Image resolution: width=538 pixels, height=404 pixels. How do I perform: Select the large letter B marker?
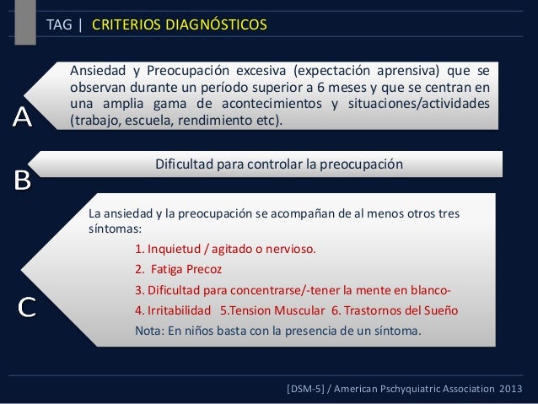[23, 180]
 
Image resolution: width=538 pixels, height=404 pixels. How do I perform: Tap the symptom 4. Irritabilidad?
[172, 310]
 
